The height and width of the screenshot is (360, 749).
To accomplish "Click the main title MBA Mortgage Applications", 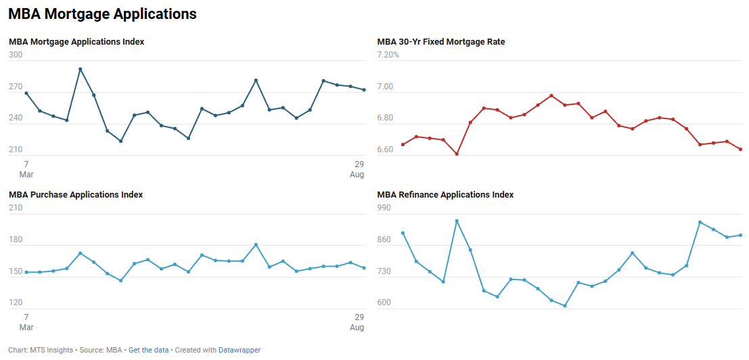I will (102, 14).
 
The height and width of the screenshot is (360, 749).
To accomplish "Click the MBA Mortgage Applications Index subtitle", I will (76, 42).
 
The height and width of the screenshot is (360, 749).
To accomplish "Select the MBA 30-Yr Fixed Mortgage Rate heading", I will (440, 42).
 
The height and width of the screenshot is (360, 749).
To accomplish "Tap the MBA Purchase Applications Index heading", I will (76, 195).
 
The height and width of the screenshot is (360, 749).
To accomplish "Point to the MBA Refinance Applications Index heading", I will (445, 195).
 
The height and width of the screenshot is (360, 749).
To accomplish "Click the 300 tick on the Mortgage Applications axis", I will (16, 55).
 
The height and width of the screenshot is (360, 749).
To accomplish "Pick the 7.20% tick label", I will (388, 55).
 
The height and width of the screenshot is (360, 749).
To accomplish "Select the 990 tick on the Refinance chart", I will (384, 208).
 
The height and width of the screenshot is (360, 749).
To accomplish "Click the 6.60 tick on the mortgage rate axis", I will (385, 150).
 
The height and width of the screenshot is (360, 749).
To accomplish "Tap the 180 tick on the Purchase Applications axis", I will (16, 240).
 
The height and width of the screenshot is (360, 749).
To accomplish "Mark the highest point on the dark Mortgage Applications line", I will (80, 69).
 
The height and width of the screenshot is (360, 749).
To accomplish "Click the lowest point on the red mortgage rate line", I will (457, 154).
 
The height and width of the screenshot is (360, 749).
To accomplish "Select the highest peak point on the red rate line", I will (551, 95).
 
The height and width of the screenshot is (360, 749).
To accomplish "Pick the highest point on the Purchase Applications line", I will (256, 245).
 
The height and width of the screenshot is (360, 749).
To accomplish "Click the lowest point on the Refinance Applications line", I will (564, 306).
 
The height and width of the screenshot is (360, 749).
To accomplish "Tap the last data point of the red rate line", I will (740, 150).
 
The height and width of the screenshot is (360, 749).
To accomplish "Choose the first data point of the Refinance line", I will (403, 233).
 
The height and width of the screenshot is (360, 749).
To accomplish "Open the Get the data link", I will (148, 351).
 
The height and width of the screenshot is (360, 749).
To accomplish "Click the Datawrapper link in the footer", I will (240, 351).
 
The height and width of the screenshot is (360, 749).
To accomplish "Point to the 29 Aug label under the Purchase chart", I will (359, 322).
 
